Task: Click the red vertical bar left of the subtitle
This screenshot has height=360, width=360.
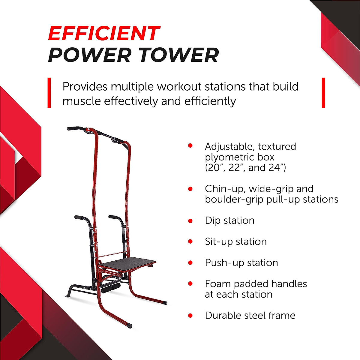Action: pos(49,93)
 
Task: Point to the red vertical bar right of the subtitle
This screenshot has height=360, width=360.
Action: pos(323,93)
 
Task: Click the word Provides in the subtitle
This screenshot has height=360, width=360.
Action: pos(85,87)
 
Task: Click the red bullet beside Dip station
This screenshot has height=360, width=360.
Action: pos(190,221)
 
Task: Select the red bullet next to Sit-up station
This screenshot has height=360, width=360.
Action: pos(190,242)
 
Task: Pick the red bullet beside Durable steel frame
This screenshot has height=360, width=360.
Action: pos(190,316)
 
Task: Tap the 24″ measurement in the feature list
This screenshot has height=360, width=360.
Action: pos(277,168)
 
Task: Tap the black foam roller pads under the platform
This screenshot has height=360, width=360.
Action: pos(110,288)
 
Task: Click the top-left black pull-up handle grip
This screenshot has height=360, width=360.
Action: pos(75,128)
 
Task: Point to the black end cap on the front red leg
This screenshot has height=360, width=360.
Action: pos(129,325)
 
